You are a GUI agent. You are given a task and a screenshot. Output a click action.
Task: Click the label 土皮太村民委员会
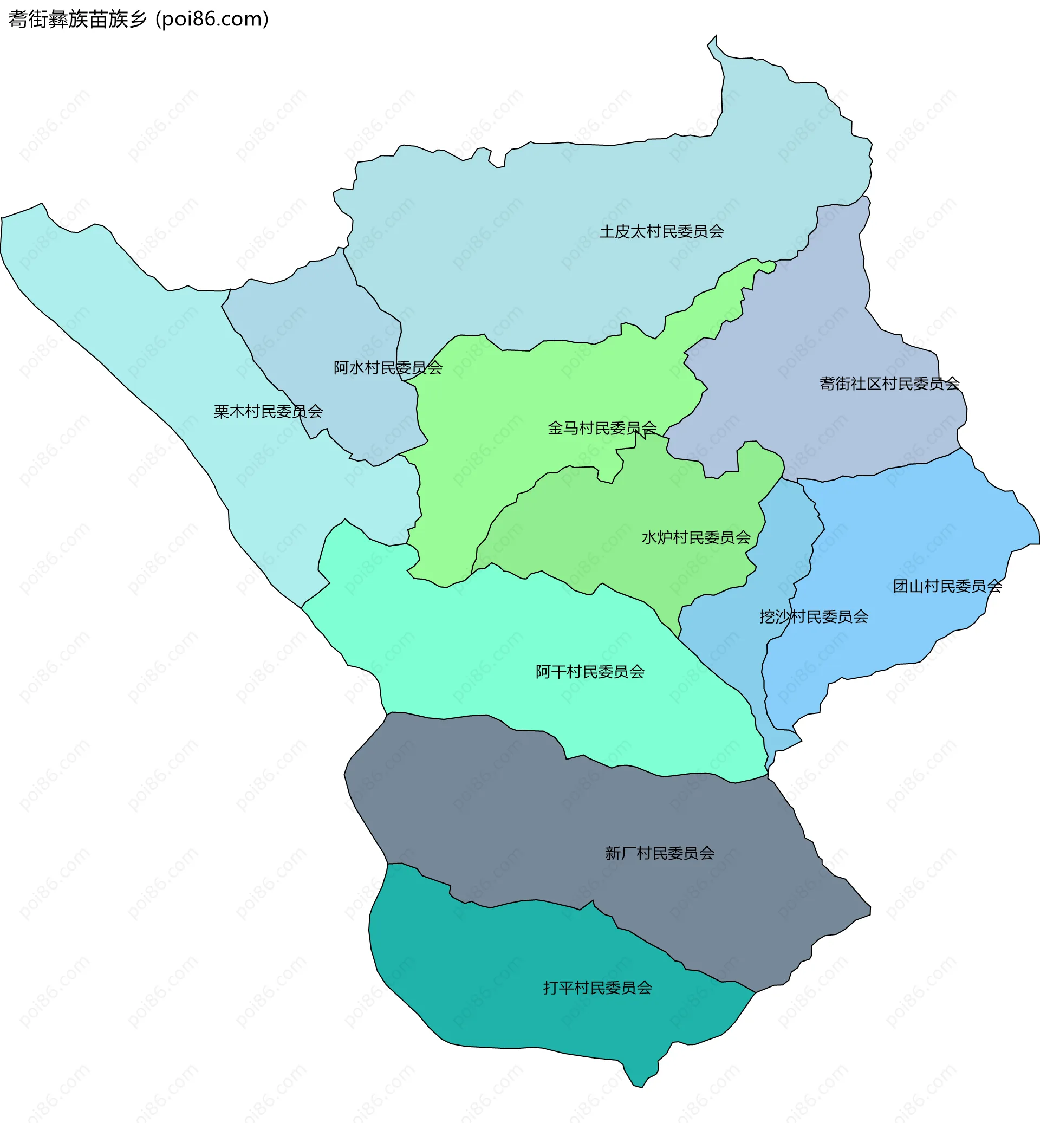click(x=661, y=231)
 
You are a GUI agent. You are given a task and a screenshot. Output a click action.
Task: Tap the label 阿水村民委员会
click(x=388, y=368)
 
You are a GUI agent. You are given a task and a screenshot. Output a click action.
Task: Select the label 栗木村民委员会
click(x=268, y=412)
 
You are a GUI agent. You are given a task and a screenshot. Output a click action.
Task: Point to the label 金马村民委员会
click(x=602, y=428)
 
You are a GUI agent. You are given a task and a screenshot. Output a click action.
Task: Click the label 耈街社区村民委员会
click(x=889, y=384)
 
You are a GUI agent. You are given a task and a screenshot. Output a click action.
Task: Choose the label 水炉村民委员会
click(x=696, y=537)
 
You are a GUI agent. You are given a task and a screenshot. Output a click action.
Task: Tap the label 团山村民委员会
click(x=947, y=586)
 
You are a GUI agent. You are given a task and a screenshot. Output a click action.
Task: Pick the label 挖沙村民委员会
click(x=814, y=616)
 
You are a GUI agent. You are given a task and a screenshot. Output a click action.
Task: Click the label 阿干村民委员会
click(x=590, y=672)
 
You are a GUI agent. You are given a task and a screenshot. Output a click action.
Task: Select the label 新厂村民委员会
click(x=660, y=853)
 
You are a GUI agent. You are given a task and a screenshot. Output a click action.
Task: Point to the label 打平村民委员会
click(x=597, y=988)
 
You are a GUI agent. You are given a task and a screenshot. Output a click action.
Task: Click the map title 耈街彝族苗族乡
click(x=77, y=19)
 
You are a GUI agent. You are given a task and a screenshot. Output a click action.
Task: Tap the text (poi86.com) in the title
click(x=212, y=19)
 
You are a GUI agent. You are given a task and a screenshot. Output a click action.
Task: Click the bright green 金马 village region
click(x=506, y=405)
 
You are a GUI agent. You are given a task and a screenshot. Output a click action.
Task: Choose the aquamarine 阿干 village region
click(x=478, y=647)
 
